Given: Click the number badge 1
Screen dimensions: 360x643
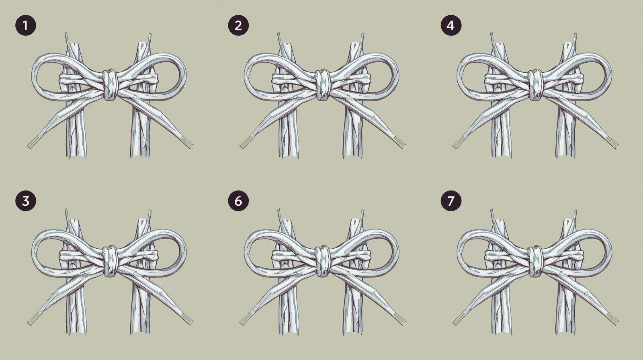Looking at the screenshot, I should pos(26,26).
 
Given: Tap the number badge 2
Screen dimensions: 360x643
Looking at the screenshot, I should pos(238,26).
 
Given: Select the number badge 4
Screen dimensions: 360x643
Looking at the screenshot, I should pos(451,26).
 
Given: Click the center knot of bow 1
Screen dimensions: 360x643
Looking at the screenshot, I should pos(110,84).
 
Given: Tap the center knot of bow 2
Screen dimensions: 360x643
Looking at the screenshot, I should pos(322,84).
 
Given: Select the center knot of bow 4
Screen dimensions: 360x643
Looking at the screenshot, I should pos(535,84).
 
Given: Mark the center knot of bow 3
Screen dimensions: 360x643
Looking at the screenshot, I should pos(110,261).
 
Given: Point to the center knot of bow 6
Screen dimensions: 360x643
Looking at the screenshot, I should pos(322,261).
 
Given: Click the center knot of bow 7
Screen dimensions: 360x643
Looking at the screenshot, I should pos(535,261).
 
